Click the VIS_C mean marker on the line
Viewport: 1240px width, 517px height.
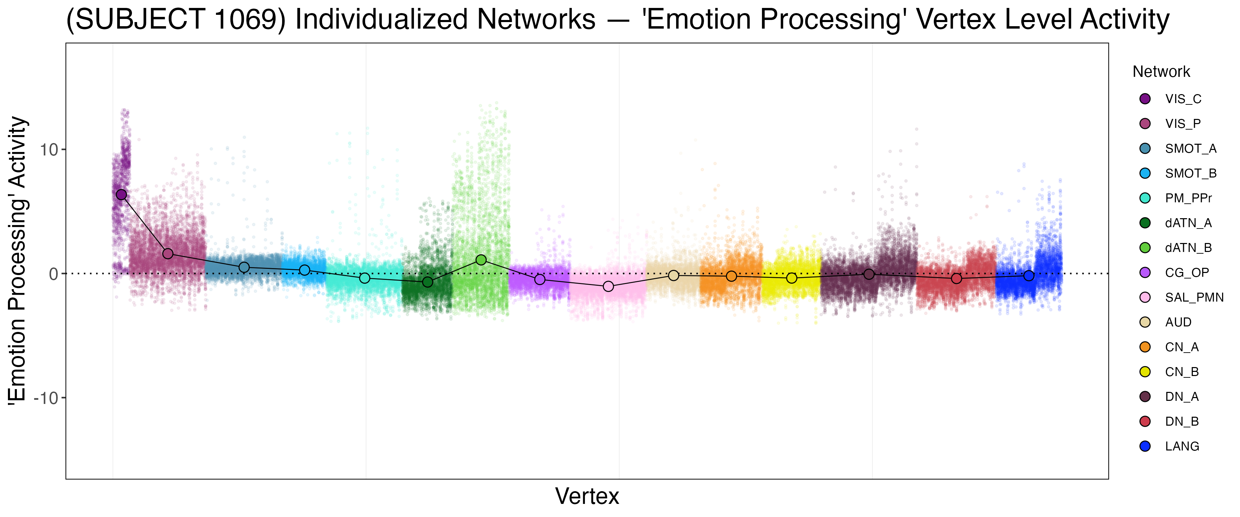pos(121,195)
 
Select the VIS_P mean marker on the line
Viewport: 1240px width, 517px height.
pos(167,253)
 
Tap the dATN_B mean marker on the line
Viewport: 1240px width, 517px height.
pos(481,260)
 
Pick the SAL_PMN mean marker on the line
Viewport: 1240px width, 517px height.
pos(608,286)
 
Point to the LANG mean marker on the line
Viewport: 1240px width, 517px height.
pos(1029,276)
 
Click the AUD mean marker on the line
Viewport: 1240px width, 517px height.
pos(673,275)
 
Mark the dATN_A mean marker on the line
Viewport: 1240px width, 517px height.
pos(427,282)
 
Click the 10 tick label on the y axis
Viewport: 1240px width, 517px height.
pos(49,150)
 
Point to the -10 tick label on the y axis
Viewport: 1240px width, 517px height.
pos(46,398)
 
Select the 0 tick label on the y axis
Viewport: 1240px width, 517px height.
pos(53,274)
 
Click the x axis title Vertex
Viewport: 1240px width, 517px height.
pos(587,496)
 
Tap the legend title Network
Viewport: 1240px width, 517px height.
pos(1161,72)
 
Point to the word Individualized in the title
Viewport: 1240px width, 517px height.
pos(445,20)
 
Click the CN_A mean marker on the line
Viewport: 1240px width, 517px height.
pos(731,276)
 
